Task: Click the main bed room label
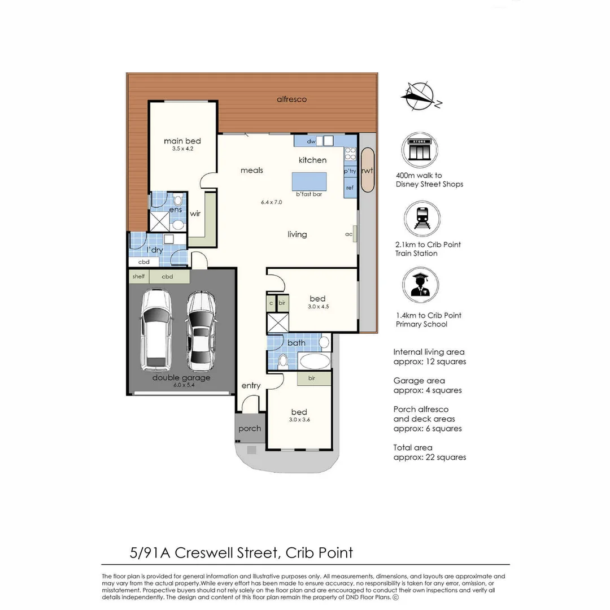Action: (182, 141)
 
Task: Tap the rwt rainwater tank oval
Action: (367, 170)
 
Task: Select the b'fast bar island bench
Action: (309, 182)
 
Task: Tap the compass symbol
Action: (420, 96)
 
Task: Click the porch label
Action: (250, 429)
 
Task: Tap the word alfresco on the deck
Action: (291, 99)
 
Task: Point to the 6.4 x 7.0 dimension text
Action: (271, 202)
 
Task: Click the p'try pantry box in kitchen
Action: (350, 171)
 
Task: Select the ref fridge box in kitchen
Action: (350, 188)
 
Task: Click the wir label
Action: (195, 213)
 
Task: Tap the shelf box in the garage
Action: (138, 277)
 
